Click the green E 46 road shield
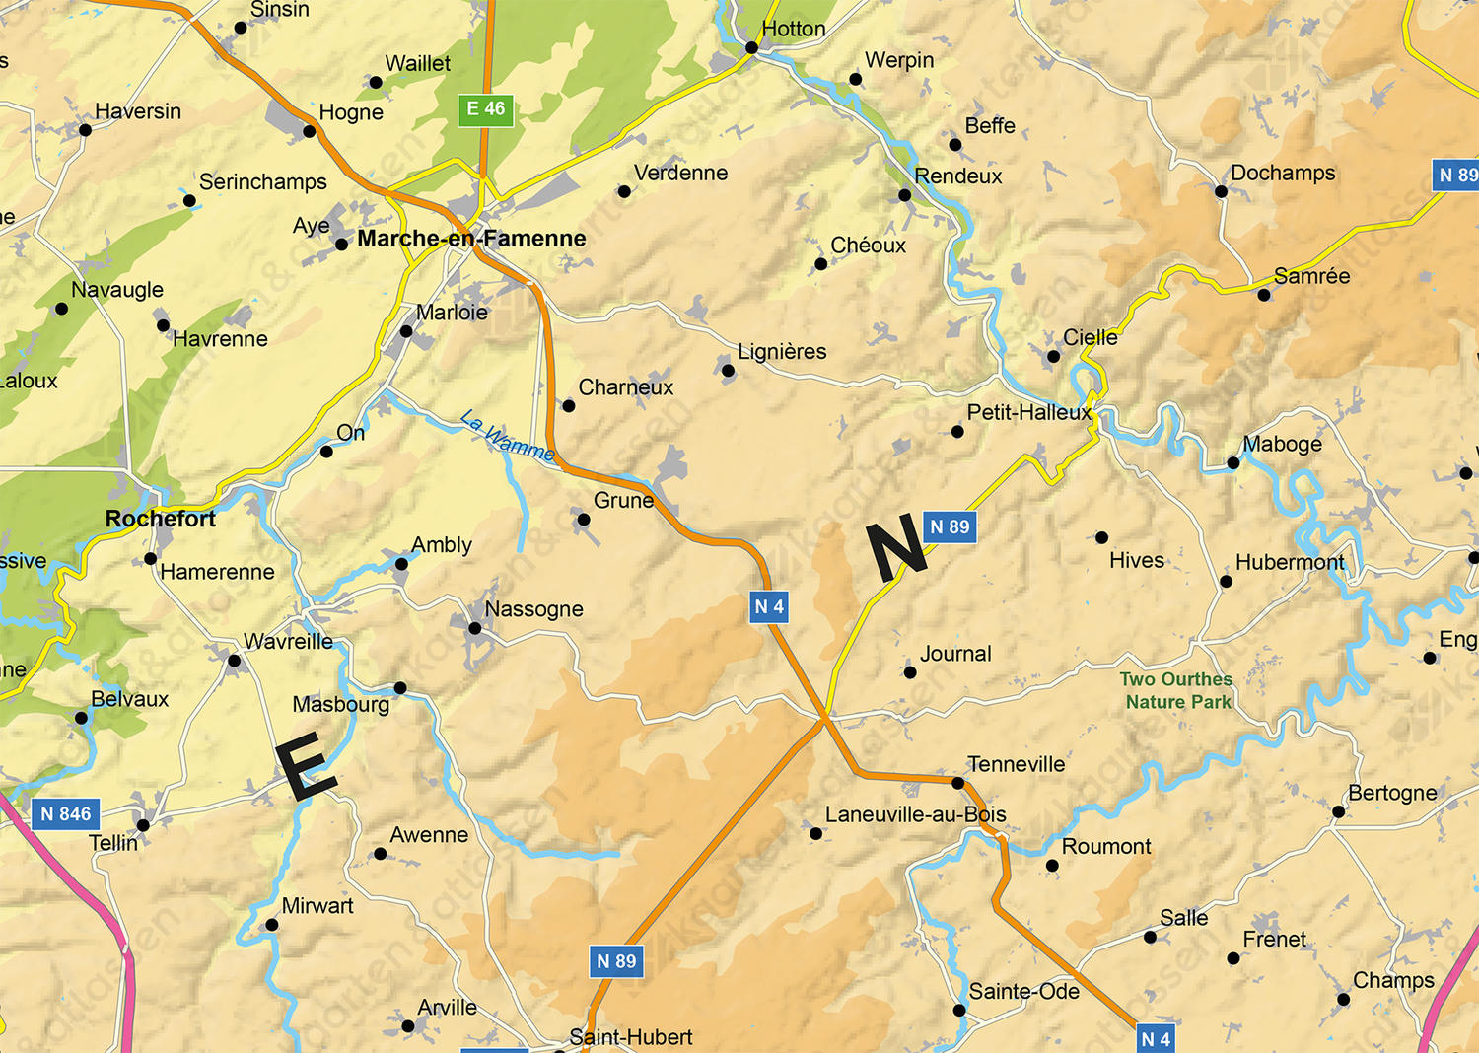(485, 109)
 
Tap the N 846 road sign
(66, 814)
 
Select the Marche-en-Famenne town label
(471, 239)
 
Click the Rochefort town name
(160, 519)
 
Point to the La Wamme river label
(508, 436)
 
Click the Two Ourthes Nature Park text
(1177, 690)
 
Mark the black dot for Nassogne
(474, 628)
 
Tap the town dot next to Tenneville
(957, 783)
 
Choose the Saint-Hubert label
(630, 1037)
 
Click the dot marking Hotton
(751, 47)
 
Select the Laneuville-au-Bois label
(915, 814)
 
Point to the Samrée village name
(1311, 276)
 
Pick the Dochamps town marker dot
(1221, 191)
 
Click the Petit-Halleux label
(1028, 412)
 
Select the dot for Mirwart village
(271, 925)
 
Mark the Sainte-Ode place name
(1023, 991)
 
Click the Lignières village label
(782, 352)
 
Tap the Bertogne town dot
(1338, 812)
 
